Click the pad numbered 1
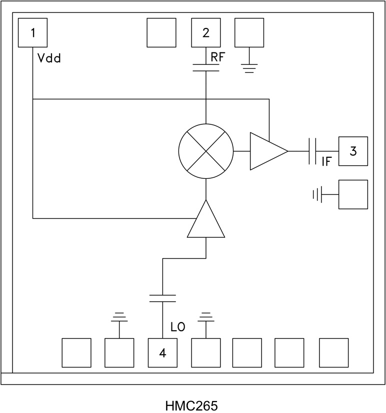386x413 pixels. coord(32,33)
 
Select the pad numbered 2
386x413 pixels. coord(206,33)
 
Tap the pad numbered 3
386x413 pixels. coord(353,151)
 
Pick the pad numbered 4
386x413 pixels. coord(162,353)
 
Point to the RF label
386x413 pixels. coord(218,57)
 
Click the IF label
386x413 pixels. coord(326,162)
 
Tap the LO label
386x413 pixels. coord(178,328)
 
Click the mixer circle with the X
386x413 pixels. coord(206,151)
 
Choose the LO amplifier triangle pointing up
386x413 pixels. coord(206,220)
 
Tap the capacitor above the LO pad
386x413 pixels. coord(162,299)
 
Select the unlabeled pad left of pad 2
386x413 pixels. coord(161,33)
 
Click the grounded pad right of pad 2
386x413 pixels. coord(249,33)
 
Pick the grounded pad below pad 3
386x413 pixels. coord(353,194)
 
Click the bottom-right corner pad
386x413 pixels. coord(333,353)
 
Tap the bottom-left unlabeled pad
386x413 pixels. coord(76,353)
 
